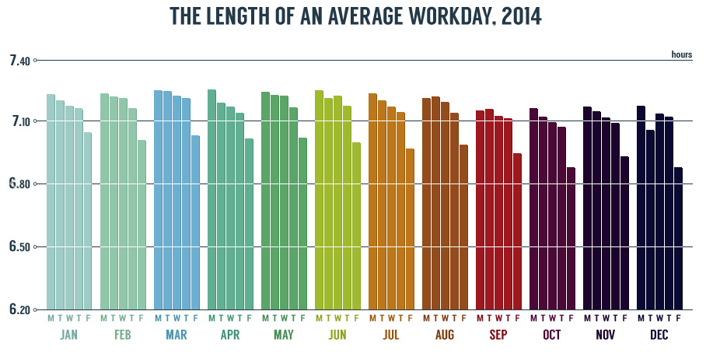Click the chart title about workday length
tap(352, 16)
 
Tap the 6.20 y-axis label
tap(19, 310)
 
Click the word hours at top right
tap(681, 54)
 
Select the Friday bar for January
tap(88, 221)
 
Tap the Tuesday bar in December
tap(650, 219)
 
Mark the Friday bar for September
tap(517, 231)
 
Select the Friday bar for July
tap(410, 229)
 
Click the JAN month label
tap(69, 336)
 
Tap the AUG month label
tap(445, 336)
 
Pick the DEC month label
tap(659, 336)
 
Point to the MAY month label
tap(284, 336)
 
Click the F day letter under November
tap(624, 318)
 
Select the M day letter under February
tap(104, 318)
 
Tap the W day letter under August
tap(445, 318)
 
